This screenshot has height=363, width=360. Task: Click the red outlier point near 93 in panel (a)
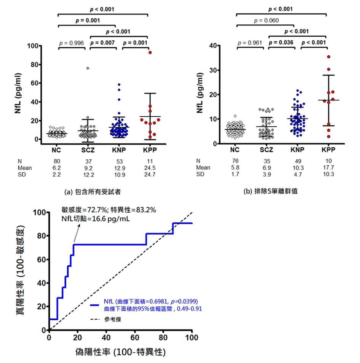tap(150, 53)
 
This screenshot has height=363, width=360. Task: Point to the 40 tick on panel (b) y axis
tap(214, 46)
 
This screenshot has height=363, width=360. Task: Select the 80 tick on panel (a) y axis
tap(35, 65)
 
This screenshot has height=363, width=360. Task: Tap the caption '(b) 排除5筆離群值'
tap(270, 192)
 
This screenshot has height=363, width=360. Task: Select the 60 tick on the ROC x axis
tap(135, 338)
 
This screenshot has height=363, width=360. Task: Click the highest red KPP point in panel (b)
tap(328, 57)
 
